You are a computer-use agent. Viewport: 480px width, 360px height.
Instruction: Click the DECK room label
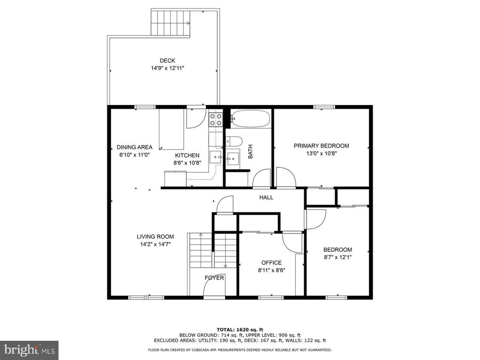coord(167,60)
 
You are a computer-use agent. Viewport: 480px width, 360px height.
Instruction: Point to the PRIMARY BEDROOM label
coord(321,146)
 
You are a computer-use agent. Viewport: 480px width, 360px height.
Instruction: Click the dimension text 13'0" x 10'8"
coord(321,153)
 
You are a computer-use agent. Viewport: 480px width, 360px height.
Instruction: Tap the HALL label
coord(266,197)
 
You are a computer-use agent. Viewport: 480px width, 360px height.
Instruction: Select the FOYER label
coord(215,278)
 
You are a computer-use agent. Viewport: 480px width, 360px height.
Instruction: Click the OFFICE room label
coord(271,262)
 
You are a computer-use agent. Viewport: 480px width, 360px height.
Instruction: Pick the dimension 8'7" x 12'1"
coord(337,257)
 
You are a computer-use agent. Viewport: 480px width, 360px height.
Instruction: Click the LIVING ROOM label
coord(155,237)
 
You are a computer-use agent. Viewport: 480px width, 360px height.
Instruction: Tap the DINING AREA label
coord(135,147)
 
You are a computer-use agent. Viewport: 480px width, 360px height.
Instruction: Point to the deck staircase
coord(171,22)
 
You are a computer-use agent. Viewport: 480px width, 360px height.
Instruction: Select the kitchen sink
coord(217,157)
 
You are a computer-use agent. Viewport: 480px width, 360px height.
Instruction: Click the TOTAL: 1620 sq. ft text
coord(240,330)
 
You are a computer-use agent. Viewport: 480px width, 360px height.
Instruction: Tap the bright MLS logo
coord(29,350)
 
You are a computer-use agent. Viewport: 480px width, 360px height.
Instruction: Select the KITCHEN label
coord(187,156)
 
